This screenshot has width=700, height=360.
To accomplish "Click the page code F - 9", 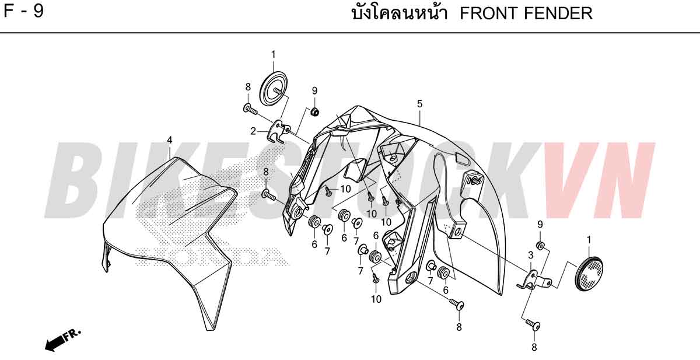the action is coord(24,11).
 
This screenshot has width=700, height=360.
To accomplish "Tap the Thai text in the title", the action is coord(400,13).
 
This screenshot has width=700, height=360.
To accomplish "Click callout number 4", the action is coord(170,140).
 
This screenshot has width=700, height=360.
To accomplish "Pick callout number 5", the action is coord(419,104).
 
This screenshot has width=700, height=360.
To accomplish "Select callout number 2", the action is coord(253,131).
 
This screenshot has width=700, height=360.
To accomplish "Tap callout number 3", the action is coord(531,256).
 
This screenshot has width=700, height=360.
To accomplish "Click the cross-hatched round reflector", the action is coord(589,274).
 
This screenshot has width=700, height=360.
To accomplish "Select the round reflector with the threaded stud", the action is coord(274,89).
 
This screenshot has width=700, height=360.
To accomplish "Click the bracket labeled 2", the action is coord(279,132).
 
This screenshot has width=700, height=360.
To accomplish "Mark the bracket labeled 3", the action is coord(535,280).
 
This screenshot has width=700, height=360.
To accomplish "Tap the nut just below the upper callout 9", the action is coord(314,111).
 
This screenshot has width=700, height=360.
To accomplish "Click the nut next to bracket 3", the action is coord(541,246).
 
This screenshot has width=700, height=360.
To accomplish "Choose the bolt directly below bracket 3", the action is coord(533,324).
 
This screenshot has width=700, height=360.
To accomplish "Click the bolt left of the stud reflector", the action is coord(250,109).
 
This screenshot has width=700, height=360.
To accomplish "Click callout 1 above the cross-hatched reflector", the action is coord(589,240).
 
